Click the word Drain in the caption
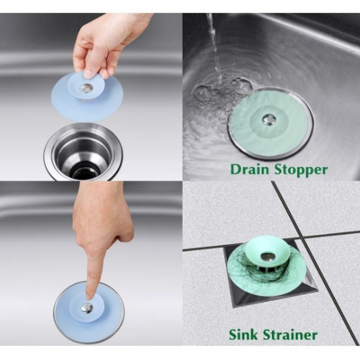[x=250, y=170]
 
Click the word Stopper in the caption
[x=301, y=170]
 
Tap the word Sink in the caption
[x=246, y=335]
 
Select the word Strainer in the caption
[x=293, y=335]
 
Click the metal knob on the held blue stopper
[x=86, y=88]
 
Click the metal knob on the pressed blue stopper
[x=87, y=308]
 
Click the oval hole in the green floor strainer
[x=267, y=256]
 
